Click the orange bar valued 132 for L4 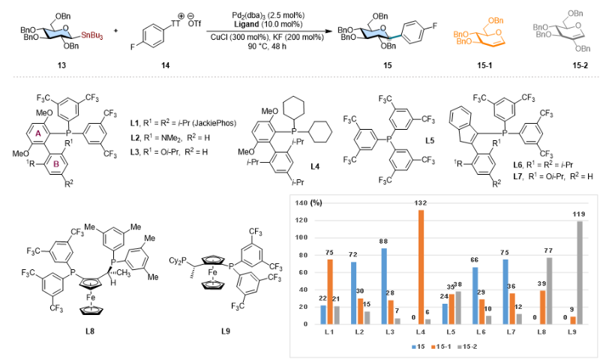click(x=421, y=267)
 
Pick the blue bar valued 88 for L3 click(x=384, y=286)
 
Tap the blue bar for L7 click(x=505, y=292)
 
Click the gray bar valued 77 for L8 click(x=549, y=291)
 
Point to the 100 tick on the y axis click(x=302, y=238)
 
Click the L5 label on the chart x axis click(x=451, y=332)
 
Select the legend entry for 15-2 click(x=466, y=346)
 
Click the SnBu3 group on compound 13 click(x=91, y=37)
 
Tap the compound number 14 click(x=165, y=65)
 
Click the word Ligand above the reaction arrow click(x=247, y=24)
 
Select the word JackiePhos click(x=214, y=123)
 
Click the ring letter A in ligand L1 click(x=38, y=133)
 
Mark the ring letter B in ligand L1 click(x=55, y=164)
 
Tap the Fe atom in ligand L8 click(x=91, y=297)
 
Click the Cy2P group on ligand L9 click(x=178, y=260)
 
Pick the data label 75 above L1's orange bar click(x=329, y=253)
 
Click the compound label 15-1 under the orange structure click(x=484, y=65)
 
